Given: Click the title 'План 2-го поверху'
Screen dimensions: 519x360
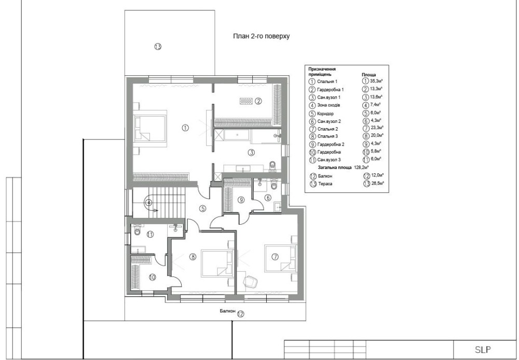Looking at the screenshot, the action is point(261,36).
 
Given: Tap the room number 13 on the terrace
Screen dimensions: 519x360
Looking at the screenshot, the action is point(158,47).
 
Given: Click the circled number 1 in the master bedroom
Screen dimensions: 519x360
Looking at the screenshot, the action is point(185,128).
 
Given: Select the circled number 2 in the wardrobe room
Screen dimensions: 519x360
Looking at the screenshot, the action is point(258,101).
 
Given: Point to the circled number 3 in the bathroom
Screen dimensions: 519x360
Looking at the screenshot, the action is point(252,153).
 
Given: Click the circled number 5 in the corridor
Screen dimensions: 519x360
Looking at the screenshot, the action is point(202,209).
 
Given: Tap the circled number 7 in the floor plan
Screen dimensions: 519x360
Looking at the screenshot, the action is point(275,256).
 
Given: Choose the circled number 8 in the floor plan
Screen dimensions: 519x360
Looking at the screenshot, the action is point(193,256).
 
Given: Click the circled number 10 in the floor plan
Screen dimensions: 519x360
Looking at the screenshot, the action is point(152,278).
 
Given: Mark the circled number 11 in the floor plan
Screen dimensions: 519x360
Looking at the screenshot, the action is point(151,234).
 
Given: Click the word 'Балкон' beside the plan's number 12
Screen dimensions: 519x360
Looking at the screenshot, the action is point(227,311).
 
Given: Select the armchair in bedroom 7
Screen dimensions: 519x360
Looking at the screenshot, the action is point(251,281).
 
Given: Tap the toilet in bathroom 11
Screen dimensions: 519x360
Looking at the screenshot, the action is point(138,231).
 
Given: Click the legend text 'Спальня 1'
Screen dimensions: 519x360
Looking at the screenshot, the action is point(327,81).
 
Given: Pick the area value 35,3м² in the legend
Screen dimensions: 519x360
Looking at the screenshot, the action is point(377,80).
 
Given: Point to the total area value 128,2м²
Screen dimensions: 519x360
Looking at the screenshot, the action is point(361,168).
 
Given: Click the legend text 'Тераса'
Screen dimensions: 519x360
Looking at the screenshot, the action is point(325,184).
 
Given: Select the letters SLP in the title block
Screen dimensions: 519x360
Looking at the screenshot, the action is point(483,350).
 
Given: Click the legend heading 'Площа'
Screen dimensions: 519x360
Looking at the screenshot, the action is point(368,75).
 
